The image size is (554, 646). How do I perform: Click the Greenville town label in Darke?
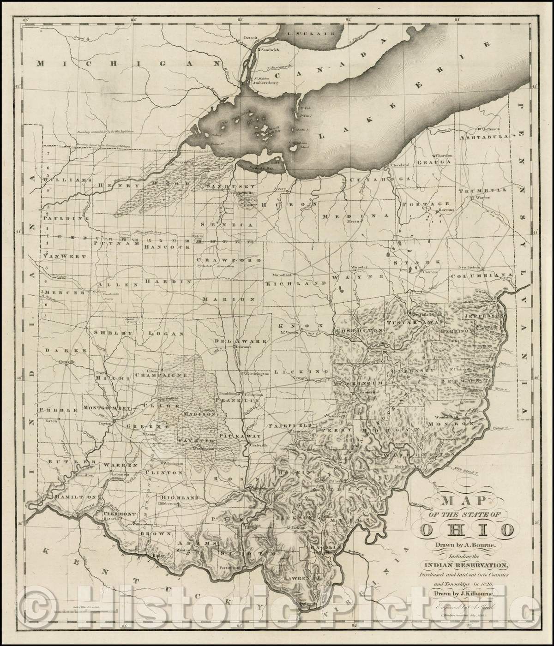click(x=66, y=362)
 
